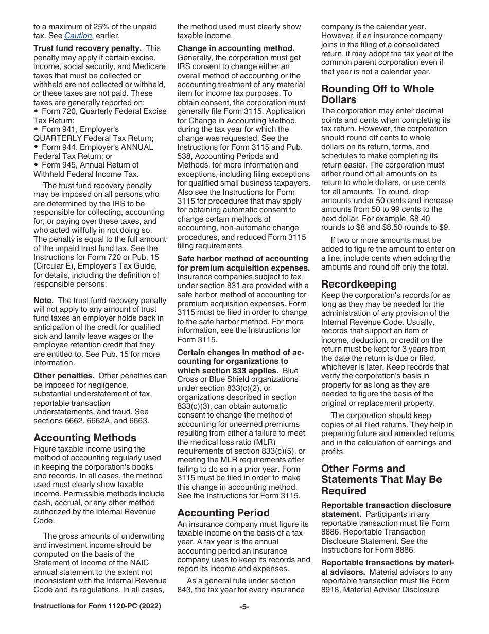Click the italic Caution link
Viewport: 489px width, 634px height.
(78, 36)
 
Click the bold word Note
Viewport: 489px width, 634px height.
(43, 300)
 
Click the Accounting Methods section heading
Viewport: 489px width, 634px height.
(85, 438)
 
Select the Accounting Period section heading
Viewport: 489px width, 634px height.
(223, 513)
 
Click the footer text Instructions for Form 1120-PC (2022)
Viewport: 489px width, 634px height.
(97, 606)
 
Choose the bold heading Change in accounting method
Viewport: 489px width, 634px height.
(236, 48)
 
